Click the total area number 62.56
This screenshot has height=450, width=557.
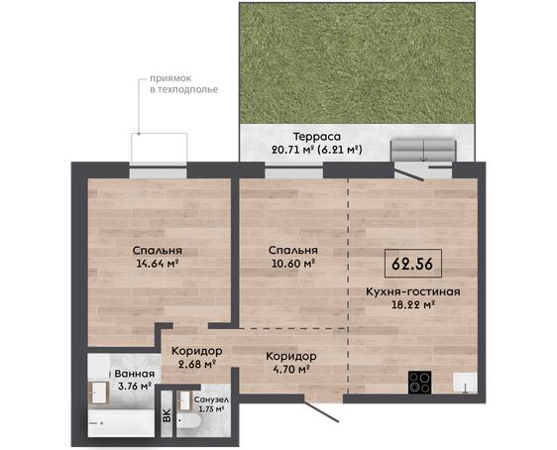412,264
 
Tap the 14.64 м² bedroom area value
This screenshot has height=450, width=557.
157,264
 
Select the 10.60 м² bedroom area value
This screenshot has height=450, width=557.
292,264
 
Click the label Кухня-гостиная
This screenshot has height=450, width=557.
412,292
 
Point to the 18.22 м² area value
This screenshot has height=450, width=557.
413,304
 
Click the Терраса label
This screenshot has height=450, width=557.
317,137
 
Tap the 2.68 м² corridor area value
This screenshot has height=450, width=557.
197,364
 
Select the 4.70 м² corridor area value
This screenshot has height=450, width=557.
291,369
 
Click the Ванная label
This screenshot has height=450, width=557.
135,374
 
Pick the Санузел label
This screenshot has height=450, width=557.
211,399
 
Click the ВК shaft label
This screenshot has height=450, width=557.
167,415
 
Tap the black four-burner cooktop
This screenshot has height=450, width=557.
420,383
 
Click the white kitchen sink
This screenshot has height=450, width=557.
465,383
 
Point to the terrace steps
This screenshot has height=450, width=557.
423,151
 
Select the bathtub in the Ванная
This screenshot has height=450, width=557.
121,423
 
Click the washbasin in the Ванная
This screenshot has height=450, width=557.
98,393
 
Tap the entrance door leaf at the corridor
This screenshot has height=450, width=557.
321,408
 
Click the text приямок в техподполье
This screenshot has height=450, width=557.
183,84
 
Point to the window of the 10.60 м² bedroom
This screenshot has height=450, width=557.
293,172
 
